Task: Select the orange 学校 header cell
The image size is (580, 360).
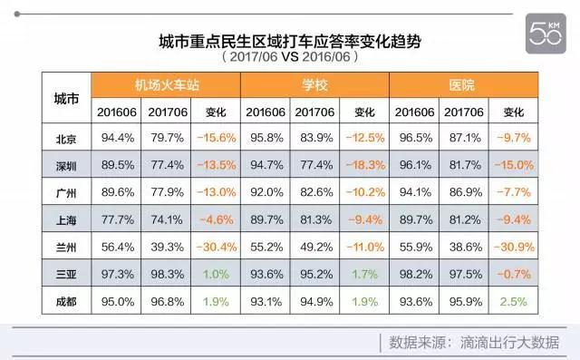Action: tap(314, 85)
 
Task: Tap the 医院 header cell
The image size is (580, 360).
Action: tap(463, 85)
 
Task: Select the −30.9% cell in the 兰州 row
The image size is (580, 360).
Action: tap(513, 247)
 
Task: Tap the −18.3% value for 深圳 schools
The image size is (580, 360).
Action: tap(364, 166)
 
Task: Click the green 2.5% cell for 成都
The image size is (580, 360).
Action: tap(513, 301)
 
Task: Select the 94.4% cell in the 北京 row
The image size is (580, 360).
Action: tap(117, 139)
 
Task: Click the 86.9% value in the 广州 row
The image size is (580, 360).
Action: tap(464, 192)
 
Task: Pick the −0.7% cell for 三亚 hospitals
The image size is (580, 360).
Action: tap(513, 274)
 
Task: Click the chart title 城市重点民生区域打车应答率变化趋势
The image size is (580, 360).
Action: tap(289, 40)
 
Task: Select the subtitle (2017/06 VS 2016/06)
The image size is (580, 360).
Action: tap(289, 57)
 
